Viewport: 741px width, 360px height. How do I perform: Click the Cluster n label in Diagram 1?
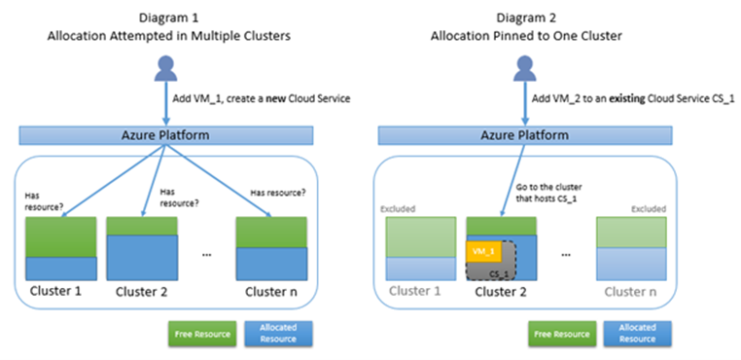click(x=268, y=289)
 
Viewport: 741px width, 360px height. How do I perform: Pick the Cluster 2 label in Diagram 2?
click(x=502, y=290)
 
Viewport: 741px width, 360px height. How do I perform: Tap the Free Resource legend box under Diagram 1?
click(x=203, y=334)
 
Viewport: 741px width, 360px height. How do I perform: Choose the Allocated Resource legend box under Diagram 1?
click(x=279, y=334)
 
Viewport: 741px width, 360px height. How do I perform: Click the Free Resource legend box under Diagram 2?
click(x=561, y=334)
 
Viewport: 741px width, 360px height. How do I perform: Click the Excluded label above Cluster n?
click(x=646, y=208)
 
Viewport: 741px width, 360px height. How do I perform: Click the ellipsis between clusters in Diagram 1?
click(x=207, y=256)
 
